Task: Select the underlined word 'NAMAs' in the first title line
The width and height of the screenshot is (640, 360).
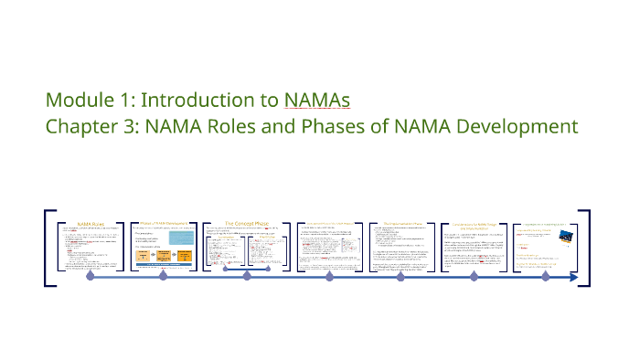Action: tap(317, 100)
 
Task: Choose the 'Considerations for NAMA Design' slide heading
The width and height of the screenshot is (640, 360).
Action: tap(478, 224)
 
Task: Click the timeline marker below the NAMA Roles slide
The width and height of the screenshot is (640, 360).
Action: tap(90, 276)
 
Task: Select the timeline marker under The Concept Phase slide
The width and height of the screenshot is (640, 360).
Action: tap(246, 276)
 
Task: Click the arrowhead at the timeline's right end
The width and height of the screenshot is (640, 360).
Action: tap(572, 276)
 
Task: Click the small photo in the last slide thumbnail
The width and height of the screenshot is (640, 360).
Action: tap(565, 236)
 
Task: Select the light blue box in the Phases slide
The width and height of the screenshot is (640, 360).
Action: tap(183, 238)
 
